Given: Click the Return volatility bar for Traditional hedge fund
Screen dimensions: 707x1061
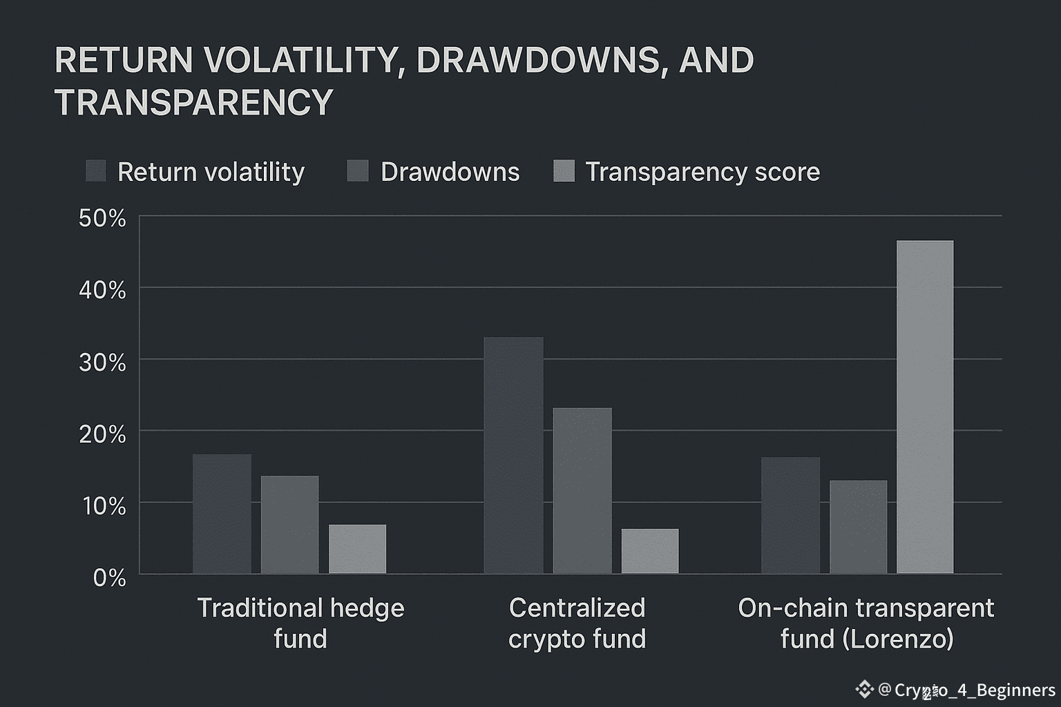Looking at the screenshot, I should pyautogui.click(x=222, y=514).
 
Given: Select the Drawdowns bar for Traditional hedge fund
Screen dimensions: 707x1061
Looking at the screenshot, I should pyautogui.click(x=289, y=525).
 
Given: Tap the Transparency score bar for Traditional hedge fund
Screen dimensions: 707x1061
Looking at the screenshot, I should pyautogui.click(x=357, y=549).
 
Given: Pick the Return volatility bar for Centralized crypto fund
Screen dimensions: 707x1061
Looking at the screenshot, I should pyautogui.click(x=513, y=455).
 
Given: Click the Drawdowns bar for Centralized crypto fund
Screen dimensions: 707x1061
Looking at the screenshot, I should pyautogui.click(x=582, y=490).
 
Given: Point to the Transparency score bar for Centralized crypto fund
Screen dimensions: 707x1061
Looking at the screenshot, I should pyautogui.click(x=650, y=551).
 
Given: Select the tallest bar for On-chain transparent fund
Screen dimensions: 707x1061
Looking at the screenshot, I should pyautogui.click(x=925, y=407).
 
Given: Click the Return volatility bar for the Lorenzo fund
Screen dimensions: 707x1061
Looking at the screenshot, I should pyautogui.click(x=790, y=515).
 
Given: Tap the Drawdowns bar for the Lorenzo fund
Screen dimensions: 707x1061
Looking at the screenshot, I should pyautogui.click(x=858, y=527).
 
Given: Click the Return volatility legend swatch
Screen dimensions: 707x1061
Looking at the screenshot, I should pyautogui.click(x=95, y=171).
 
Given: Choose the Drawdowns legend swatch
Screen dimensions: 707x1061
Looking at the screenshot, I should pyautogui.click(x=358, y=171).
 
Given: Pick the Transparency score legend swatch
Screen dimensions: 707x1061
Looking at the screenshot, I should pyautogui.click(x=564, y=171).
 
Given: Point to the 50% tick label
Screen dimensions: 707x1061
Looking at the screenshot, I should pyautogui.click(x=102, y=219).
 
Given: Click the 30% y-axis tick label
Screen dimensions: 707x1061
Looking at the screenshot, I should pyautogui.click(x=102, y=362).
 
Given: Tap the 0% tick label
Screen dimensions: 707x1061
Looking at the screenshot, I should pyautogui.click(x=109, y=578).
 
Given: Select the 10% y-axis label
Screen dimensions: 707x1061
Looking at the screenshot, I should pyautogui.click(x=104, y=506).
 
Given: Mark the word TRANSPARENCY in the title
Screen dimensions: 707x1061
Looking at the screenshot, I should pyautogui.click(x=194, y=102).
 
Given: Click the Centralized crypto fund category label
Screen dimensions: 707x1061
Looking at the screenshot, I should pyautogui.click(x=577, y=623).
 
